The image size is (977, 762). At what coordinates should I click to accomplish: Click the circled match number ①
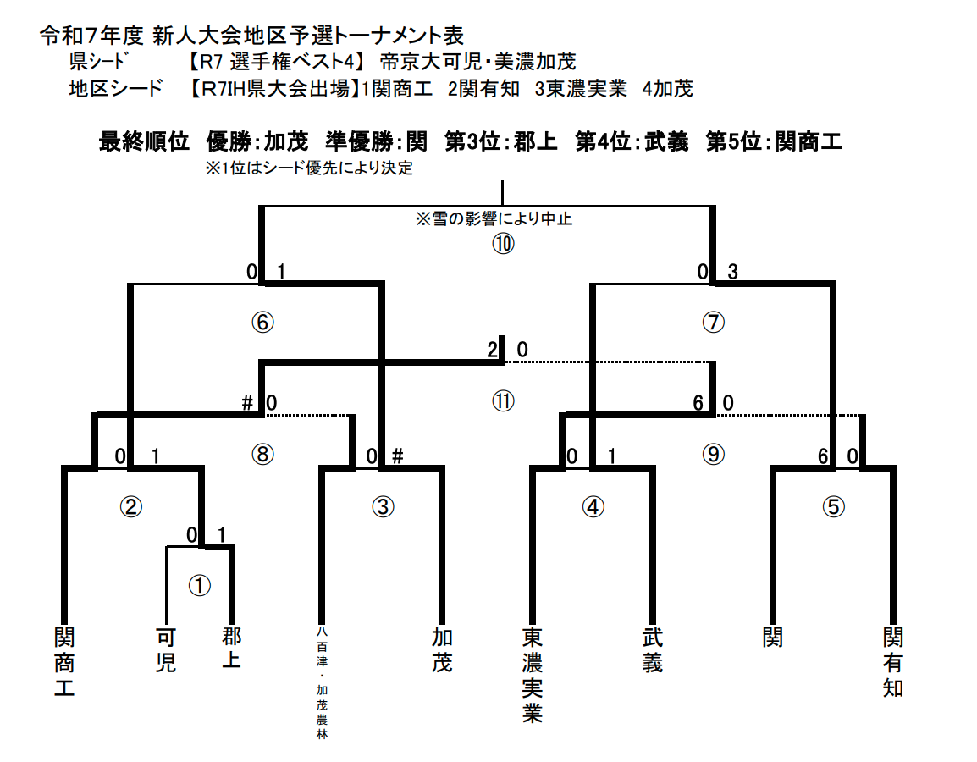(x=199, y=585)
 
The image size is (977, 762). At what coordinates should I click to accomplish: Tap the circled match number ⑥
(x=264, y=322)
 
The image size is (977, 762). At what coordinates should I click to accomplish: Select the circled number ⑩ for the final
(x=504, y=244)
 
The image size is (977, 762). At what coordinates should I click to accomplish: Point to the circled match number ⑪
(x=504, y=401)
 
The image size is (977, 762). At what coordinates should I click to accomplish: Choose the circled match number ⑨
(x=714, y=454)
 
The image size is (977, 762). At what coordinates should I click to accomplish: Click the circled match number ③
(x=384, y=506)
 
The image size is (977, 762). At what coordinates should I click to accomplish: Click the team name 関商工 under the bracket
(x=64, y=661)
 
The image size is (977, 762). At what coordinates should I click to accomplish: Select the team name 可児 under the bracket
(x=166, y=649)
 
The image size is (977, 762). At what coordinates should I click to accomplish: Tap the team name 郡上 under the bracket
(x=231, y=649)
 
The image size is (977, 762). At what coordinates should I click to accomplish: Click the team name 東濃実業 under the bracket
(x=532, y=675)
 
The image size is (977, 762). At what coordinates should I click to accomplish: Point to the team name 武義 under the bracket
(x=652, y=649)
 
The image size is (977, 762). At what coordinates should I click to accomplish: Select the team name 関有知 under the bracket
(x=893, y=661)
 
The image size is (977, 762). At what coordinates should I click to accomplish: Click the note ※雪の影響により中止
(x=494, y=218)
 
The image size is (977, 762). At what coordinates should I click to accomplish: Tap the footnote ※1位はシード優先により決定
(x=309, y=168)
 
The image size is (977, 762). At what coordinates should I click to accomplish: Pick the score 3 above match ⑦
(x=733, y=272)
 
